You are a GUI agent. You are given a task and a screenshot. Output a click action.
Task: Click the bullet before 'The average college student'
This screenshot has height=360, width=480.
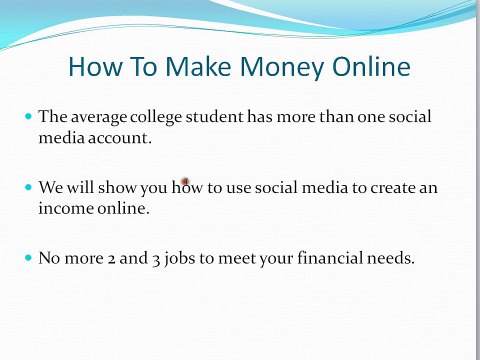point(28,117)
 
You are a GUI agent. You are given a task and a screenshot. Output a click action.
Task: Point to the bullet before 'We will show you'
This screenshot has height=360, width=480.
point(28,187)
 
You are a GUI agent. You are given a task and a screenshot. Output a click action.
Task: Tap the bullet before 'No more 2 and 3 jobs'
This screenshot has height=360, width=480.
point(28,257)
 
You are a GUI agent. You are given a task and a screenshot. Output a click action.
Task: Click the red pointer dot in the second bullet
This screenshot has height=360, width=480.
point(185,182)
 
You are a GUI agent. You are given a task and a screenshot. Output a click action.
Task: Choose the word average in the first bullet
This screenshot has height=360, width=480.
point(99,117)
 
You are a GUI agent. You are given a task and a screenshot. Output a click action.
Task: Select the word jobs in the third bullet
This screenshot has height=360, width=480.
point(189,257)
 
